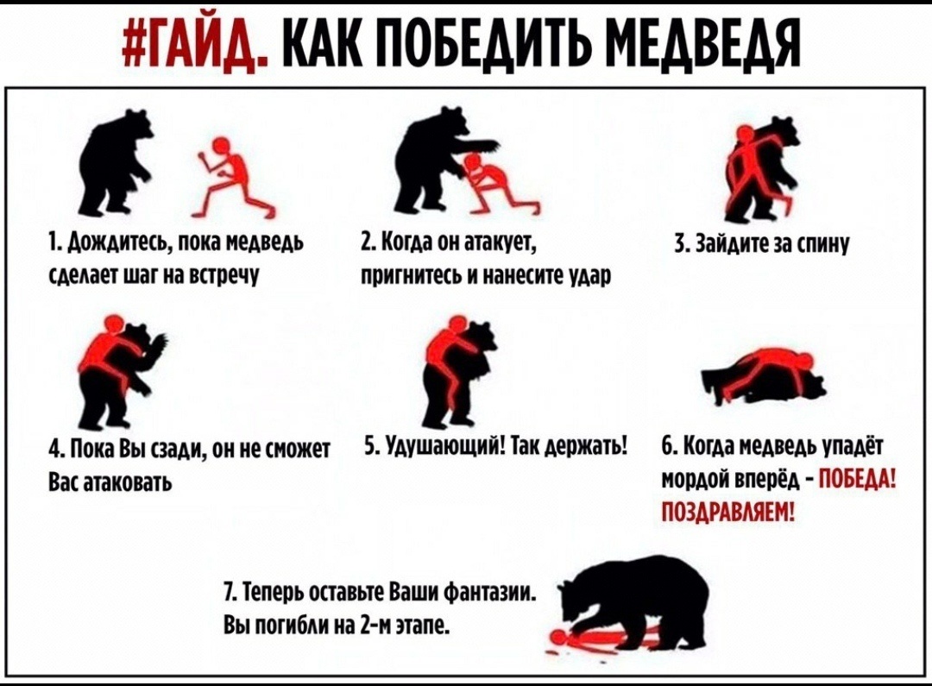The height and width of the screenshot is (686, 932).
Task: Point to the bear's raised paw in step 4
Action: click(158, 345)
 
